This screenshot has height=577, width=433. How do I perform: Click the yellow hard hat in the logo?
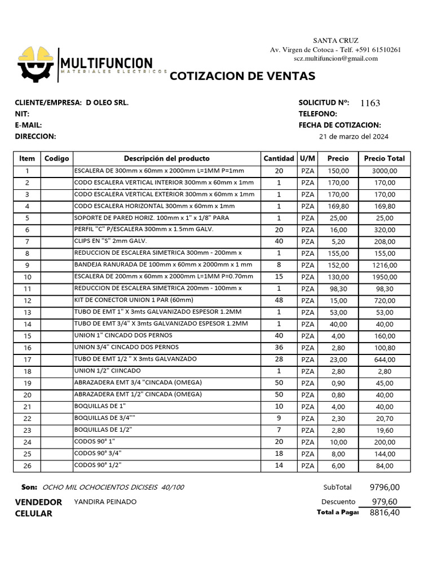click(x=37, y=55)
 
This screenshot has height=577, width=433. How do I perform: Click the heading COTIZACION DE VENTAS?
click(x=242, y=76)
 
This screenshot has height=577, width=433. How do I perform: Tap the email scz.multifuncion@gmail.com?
click(x=335, y=59)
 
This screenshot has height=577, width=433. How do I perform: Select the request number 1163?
click(x=370, y=103)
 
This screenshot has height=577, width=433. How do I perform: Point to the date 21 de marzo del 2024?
click(x=354, y=136)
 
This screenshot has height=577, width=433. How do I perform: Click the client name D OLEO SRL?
click(x=107, y=103)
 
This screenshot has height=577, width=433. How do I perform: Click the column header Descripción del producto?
click(x=166, y=158)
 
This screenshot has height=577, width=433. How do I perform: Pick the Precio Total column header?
click(x=385, y=158)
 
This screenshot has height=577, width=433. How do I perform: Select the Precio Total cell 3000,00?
click(x=385, y=171)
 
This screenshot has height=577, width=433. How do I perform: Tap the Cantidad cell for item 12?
click(x=279, y=300)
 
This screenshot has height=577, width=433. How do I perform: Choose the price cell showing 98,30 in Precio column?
click(x=338, y=288)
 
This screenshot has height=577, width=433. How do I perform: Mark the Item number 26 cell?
click(x=27, y=466)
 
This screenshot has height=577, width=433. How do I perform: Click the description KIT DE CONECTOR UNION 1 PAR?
click(x=134, y=300)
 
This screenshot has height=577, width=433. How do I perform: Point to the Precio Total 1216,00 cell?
click(x=385, y=265)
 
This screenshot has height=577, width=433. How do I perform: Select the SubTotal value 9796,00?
click(x=385, y=487)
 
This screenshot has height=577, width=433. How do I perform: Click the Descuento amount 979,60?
click(x=385, y=501)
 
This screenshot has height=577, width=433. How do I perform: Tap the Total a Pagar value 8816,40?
click(x=385, y=513)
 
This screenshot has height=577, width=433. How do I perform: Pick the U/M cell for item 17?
click(x=308, y=359)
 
